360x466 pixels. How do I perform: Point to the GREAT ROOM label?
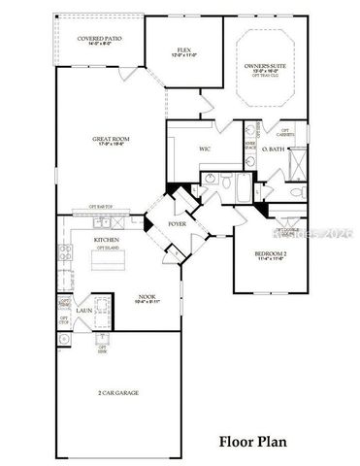[112, 139]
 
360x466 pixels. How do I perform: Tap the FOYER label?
[178, 223]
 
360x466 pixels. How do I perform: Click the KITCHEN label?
[107, 239]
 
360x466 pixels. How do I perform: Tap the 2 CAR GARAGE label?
[118, 393]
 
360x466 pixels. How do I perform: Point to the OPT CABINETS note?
[285, 133]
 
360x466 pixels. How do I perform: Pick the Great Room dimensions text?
[112, 145]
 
